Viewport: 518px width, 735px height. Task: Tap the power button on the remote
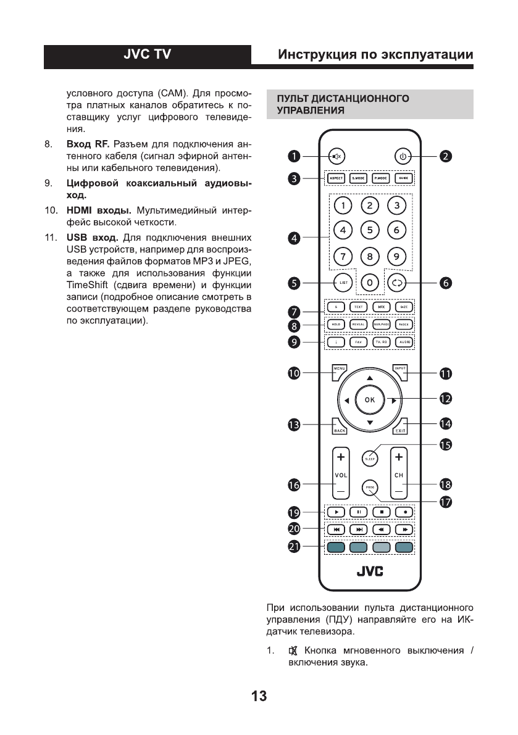(x=403, y=156)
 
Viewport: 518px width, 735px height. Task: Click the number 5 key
(x=369, y=230)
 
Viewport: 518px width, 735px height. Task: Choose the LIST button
(x=343, y=283)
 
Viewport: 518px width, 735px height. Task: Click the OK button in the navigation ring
(x=369, y=400)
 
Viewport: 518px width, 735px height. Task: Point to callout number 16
(x=295, y=486)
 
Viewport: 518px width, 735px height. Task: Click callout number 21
(x=295, y=547)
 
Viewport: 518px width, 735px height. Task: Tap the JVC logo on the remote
(x=369, y=573)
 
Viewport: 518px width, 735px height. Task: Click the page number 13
(x=259, y=697)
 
